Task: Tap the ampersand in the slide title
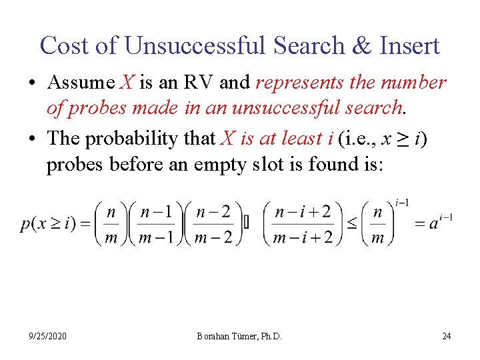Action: point(362,45)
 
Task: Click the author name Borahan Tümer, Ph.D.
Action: point(239,336)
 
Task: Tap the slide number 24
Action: point(446,336)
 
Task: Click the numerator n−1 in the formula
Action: point(158,213)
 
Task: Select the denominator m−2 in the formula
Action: point(214,237)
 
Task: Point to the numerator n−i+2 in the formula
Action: point(302,213)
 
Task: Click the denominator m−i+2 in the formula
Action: point(302,237)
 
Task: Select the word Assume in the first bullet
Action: point(81,83)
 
